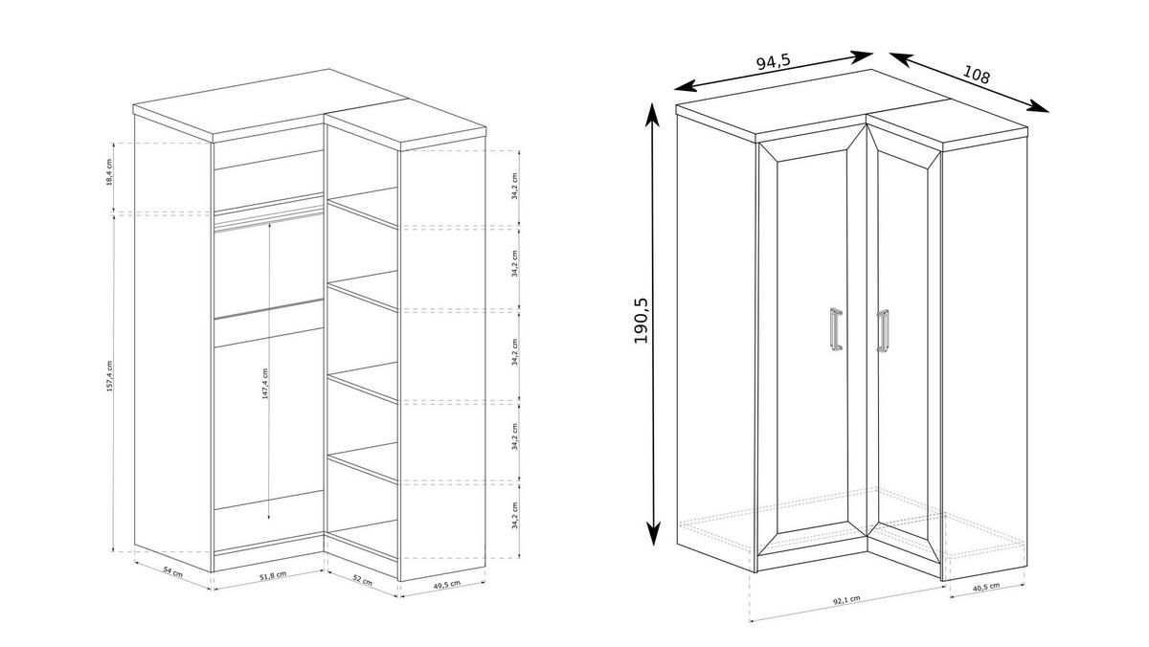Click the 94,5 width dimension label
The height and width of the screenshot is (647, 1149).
tap(773, 63)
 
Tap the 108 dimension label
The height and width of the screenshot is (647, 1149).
tap(977, 74)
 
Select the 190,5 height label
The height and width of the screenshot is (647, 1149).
tap(641, 320)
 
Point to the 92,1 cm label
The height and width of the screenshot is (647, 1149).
tap(845, 599)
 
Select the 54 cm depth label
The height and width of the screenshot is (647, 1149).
tap(173, 571)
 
